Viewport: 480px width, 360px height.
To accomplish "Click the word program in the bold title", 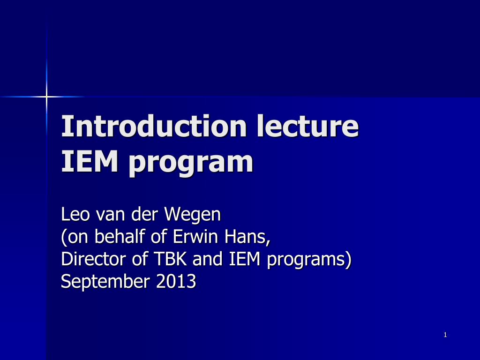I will pos(191,163).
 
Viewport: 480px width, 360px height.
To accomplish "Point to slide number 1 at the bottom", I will pos(445,335).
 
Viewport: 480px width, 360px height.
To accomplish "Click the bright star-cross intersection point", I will pos(46,97).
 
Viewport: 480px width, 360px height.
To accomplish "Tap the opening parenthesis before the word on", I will pos(64,238).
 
